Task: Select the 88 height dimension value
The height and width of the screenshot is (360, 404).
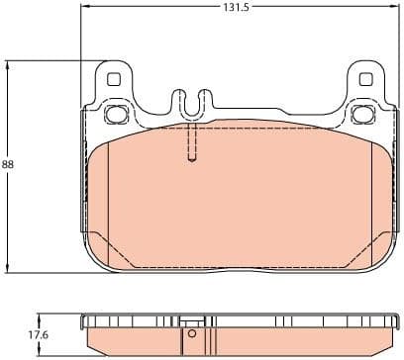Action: pyautogui.click(x=9, y=165)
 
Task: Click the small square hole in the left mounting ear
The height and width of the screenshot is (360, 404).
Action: pyautogui.click(x=113, y=80)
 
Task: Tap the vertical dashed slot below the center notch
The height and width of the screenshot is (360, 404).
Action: pyautogui.click(x=192, y=144)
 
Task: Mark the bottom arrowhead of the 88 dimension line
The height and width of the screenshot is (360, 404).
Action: pyautogui.click(x=10, y=270)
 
